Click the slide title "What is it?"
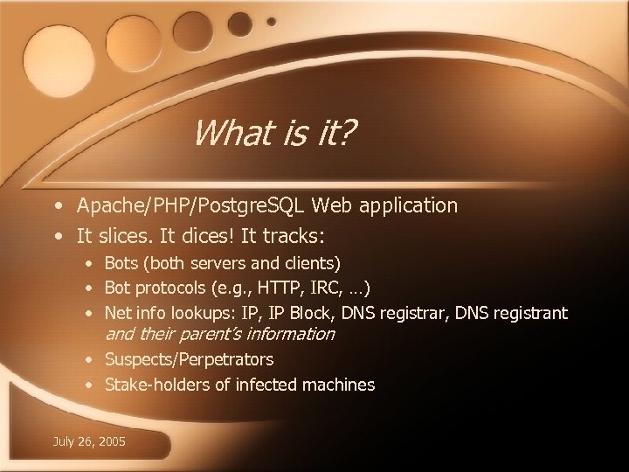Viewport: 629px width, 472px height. [x=274, y=134]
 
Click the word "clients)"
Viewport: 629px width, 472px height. [x=314, y=262]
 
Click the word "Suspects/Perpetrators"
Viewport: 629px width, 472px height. [x=189, y=359]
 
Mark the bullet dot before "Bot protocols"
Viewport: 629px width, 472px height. [x=91, y=288]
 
